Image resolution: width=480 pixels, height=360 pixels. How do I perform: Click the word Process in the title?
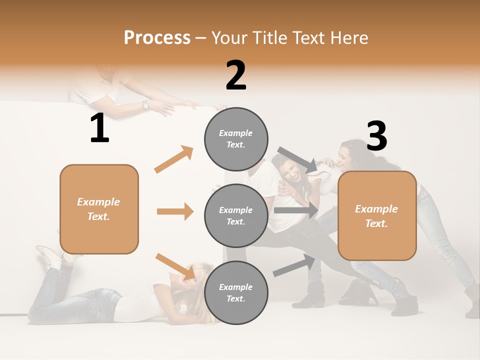[x=157, y=38]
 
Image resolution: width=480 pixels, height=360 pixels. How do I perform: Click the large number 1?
[x=99, y=128]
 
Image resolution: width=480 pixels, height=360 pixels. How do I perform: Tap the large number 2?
[x=236, y=75]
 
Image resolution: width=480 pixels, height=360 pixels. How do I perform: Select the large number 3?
[x=376, y=137]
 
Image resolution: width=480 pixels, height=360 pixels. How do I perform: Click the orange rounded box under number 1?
[x=99, y=209]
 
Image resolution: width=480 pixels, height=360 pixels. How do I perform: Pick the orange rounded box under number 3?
[x=377, y=215]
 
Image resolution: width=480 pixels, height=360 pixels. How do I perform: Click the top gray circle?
[x=236, y=139]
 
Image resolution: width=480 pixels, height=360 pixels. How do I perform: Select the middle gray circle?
[x=236, y=215]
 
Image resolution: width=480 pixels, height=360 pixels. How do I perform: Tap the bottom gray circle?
[x=236, y=292]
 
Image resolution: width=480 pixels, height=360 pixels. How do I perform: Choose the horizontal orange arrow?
[x=175, y=211]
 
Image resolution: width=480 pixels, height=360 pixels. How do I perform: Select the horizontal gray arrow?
[x=296, y=210]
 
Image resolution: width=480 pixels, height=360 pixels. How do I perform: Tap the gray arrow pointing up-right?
[x=294, y=265]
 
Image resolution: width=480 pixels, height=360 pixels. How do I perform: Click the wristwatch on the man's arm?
[x=145, y=105]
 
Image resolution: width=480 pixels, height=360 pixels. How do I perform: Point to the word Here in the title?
[x=348, y=38]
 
